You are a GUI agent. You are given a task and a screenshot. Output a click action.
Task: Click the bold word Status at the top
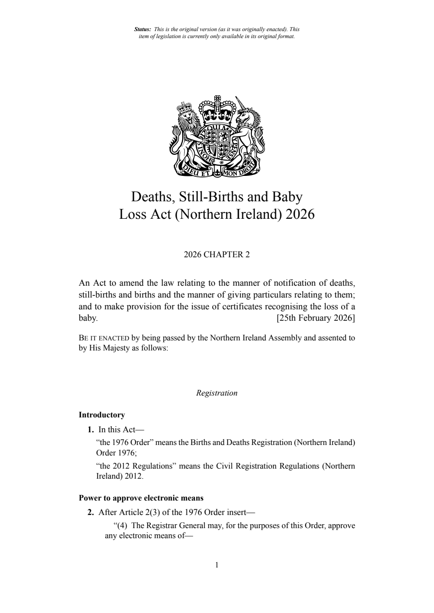[142, 29]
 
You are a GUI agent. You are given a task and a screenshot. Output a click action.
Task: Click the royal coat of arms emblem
[217, 137]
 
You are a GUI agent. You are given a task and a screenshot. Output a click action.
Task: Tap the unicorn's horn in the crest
[241, 103]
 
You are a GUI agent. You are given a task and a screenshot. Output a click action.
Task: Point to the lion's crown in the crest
[184, 106]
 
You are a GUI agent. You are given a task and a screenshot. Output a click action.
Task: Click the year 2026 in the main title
[300, 214]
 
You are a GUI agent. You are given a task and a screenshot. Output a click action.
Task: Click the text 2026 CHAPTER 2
[217, 255]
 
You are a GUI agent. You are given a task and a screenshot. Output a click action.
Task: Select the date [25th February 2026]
[315, 318]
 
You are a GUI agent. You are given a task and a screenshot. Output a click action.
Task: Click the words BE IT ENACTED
[104, 338]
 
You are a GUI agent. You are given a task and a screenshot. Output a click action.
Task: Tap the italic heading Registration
[217, 393]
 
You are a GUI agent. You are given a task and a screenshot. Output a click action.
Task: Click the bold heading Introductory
[102, 415]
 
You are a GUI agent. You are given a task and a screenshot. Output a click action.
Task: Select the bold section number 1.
[91, 429]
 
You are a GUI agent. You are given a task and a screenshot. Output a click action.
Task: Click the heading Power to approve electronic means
[141, 498]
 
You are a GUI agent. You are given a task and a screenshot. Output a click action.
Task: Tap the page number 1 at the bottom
[217, 565]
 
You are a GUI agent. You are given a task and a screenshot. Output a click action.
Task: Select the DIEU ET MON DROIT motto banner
[217, 172]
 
